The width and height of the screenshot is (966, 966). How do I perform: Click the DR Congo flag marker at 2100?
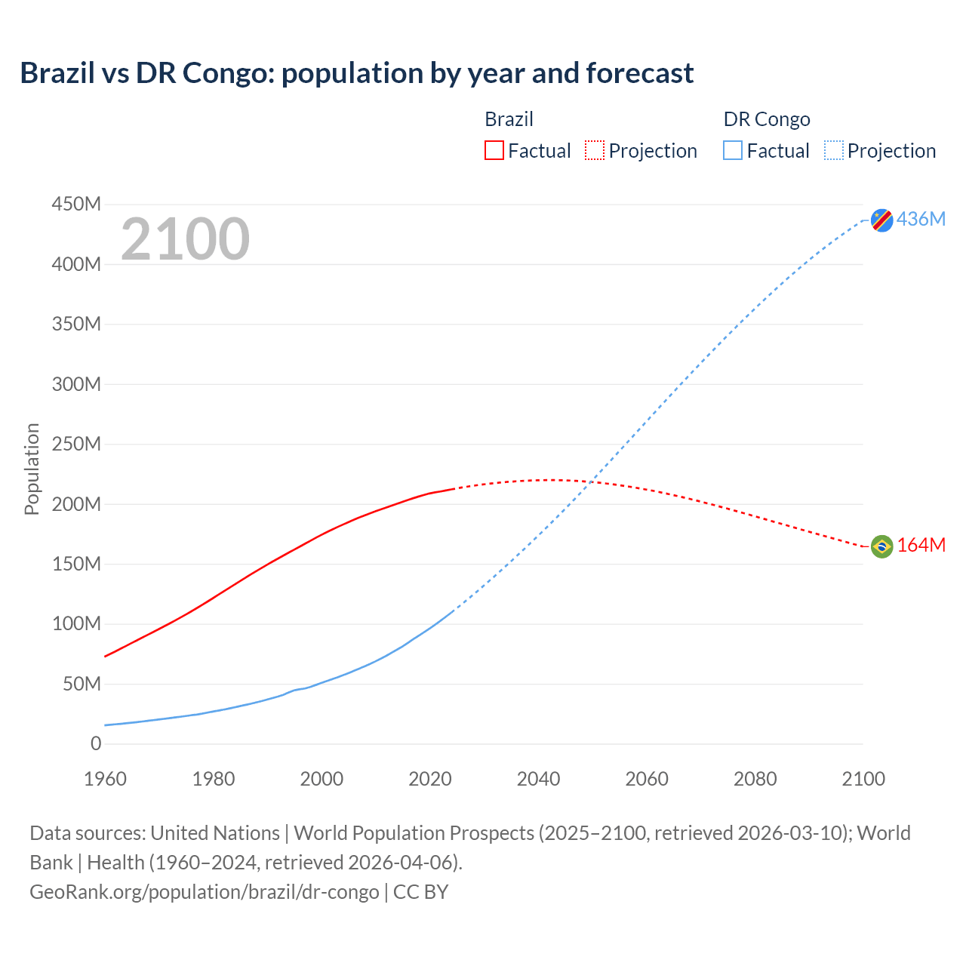[881, 220]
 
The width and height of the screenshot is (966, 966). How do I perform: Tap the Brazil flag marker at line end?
[881, 546]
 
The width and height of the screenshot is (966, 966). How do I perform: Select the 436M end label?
[921, 219]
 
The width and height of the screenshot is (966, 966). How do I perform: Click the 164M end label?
[921, 545]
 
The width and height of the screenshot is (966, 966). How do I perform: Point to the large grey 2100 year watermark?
[185, 239]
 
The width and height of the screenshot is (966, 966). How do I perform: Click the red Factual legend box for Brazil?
[494, 150]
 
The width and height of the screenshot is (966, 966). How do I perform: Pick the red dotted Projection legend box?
[595, 150]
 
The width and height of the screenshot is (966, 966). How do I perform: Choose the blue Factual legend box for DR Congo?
[732, 150]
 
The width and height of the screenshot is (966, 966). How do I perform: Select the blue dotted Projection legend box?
[833, 150]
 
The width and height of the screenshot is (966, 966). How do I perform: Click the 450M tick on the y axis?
[76, 204]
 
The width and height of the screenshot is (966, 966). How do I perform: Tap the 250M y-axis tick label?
[76, 444]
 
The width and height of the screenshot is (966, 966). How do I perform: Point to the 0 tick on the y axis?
[96, 743]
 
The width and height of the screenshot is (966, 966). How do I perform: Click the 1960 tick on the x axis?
[106, 779]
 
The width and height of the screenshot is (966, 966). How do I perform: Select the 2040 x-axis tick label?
[538, 779]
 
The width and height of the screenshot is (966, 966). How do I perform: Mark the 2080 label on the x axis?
[755, 779]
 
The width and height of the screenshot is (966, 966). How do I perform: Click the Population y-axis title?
[32, 469]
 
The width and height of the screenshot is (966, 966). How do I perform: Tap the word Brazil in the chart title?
[57, 73]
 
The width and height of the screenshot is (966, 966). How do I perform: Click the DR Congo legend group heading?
[767, 119]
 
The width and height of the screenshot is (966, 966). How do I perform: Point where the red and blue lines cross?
[594, 481]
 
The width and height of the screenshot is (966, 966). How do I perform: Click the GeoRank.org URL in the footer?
[204, 891]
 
